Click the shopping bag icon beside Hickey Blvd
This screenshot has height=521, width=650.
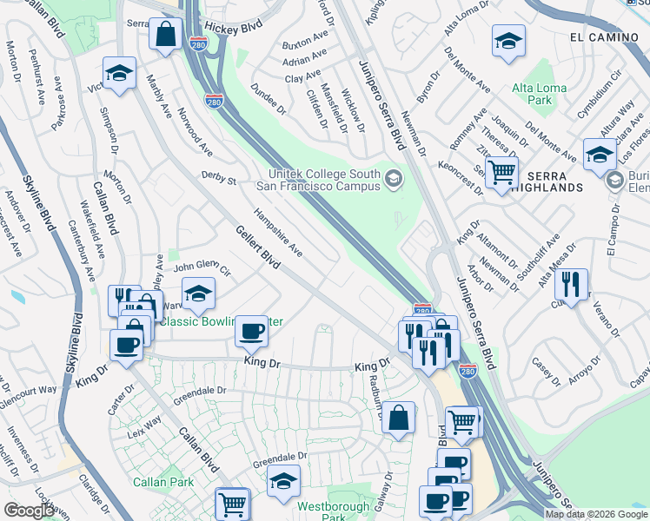(165, 36)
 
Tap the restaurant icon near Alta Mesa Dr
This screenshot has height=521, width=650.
(571, 283)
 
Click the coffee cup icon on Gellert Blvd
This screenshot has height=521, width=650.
(251, 330)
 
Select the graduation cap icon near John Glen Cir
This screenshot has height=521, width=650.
(199, 293)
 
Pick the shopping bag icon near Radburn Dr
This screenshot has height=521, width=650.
(398, 418)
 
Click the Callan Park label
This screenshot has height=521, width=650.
(157, 481)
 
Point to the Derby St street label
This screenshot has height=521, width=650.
(219, 180)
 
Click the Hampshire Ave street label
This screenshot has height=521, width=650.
(277, 232)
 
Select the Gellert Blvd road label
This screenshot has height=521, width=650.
(257, 247)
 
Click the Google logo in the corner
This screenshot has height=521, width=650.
(29, 511)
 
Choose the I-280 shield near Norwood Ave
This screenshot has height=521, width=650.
(213, 102)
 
